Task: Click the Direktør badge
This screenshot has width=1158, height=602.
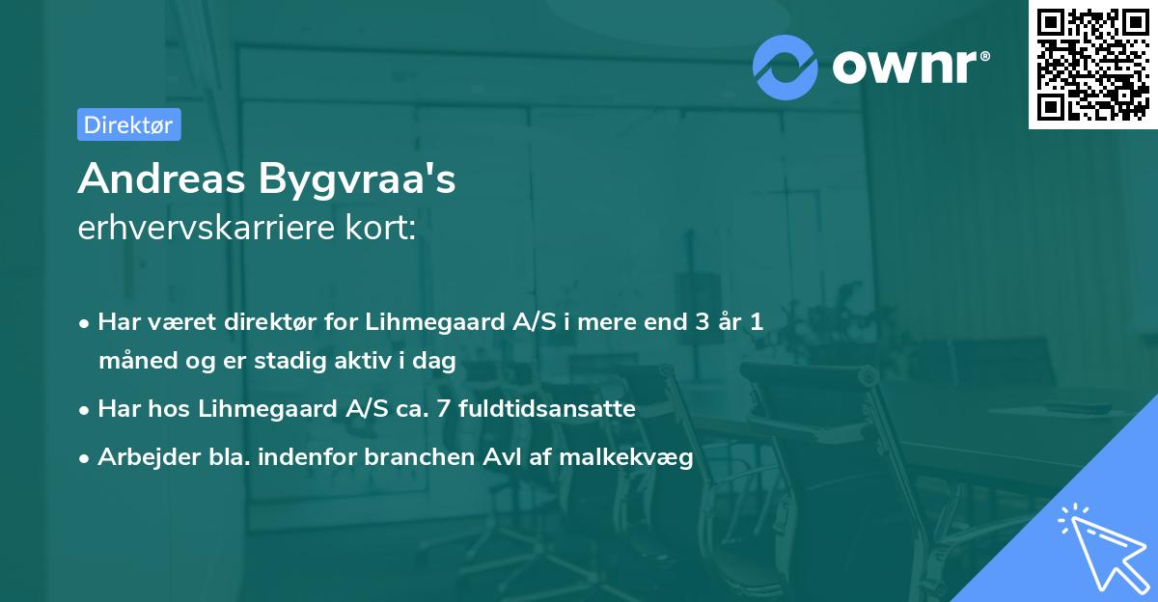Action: pyautogui.click(x=128, y=124)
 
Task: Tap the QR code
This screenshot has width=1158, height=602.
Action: pyautogui.click(x=1092, y=65)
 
